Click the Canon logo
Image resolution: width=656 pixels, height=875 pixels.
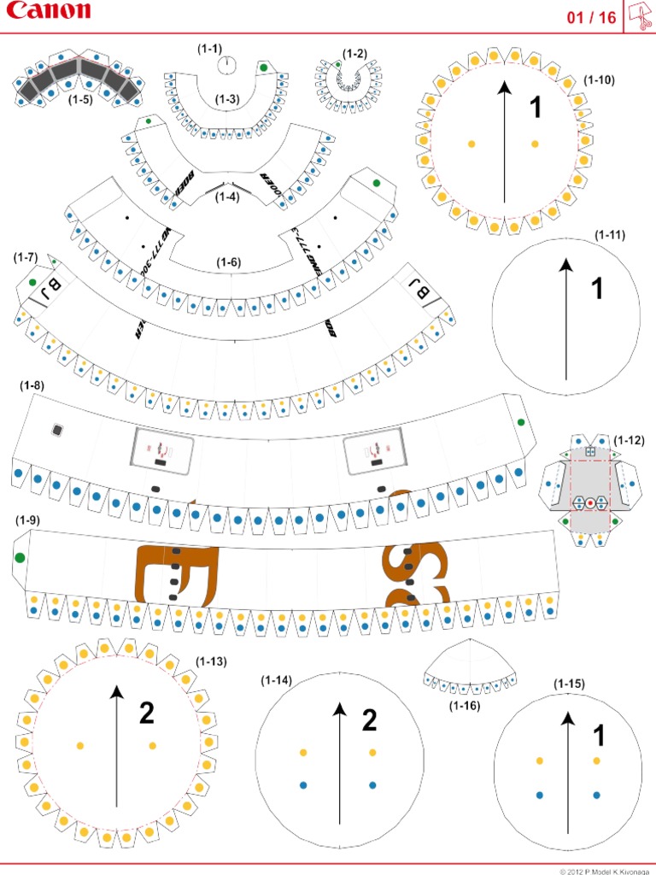tap(48, 11)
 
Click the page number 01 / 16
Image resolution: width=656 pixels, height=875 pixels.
tap(591, 18)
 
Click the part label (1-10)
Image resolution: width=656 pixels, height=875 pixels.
tap(599, 79)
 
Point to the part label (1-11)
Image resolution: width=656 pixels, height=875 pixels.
tap(610, 235)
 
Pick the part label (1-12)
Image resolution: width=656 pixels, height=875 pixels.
tap(629, 440)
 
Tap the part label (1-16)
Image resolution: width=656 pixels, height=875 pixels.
tap(465, 706)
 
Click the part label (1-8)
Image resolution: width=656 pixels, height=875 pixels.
tap(32, 385)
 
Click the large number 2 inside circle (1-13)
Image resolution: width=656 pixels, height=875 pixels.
tap(147, 711)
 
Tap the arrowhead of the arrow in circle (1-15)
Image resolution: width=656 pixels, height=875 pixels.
tap(567, 719)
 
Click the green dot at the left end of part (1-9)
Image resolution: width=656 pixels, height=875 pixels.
tap(20, 558)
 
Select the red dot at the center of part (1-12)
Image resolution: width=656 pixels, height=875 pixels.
tap(589, 502)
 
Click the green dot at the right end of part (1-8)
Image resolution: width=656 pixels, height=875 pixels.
tap(521, 422)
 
